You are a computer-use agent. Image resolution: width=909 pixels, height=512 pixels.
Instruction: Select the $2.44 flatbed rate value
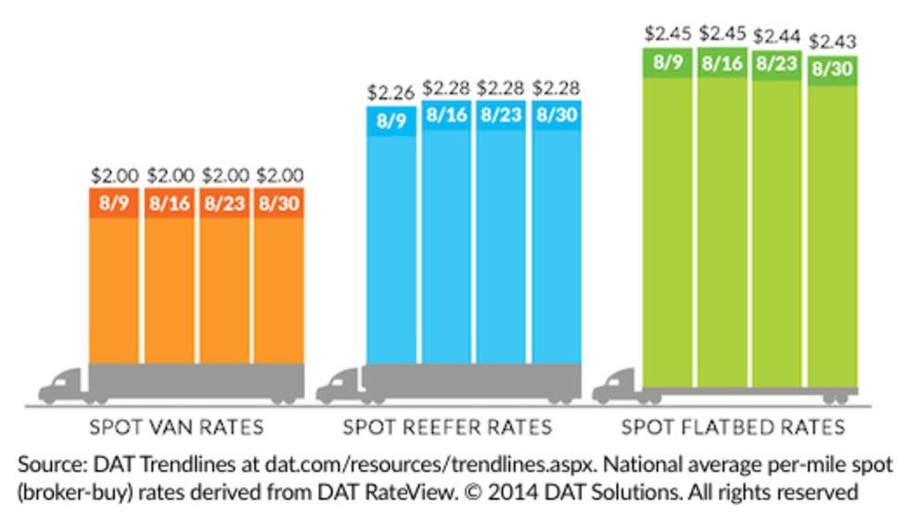coord(777,37)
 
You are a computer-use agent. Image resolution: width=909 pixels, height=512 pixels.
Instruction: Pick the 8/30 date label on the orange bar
coord(278,203)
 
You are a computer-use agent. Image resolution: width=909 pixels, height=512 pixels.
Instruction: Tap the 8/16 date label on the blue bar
coord(445,117)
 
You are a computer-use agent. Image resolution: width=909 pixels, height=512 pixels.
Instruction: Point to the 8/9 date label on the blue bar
coord(390,121)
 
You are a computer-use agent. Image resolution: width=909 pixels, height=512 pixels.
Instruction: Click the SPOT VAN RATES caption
coord(176,428)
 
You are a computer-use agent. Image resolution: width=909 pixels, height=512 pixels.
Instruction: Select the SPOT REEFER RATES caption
coord(447,428)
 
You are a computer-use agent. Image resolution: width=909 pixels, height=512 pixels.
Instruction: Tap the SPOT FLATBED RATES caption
coord(733,428)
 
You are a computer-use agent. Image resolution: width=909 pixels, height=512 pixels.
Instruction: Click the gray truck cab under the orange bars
coord(65,385)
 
